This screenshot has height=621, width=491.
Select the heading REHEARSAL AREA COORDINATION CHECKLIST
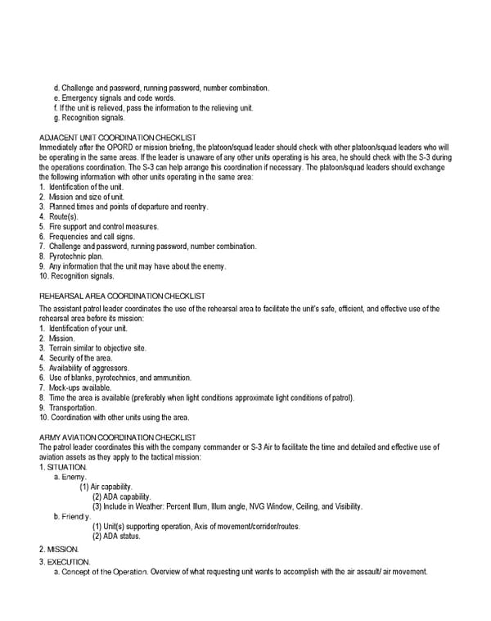click(122, 295)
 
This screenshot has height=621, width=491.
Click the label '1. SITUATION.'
click(63, 467)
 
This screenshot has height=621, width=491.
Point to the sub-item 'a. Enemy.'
click(70, 477)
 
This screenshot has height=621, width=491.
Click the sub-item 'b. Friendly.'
click(73, 516)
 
